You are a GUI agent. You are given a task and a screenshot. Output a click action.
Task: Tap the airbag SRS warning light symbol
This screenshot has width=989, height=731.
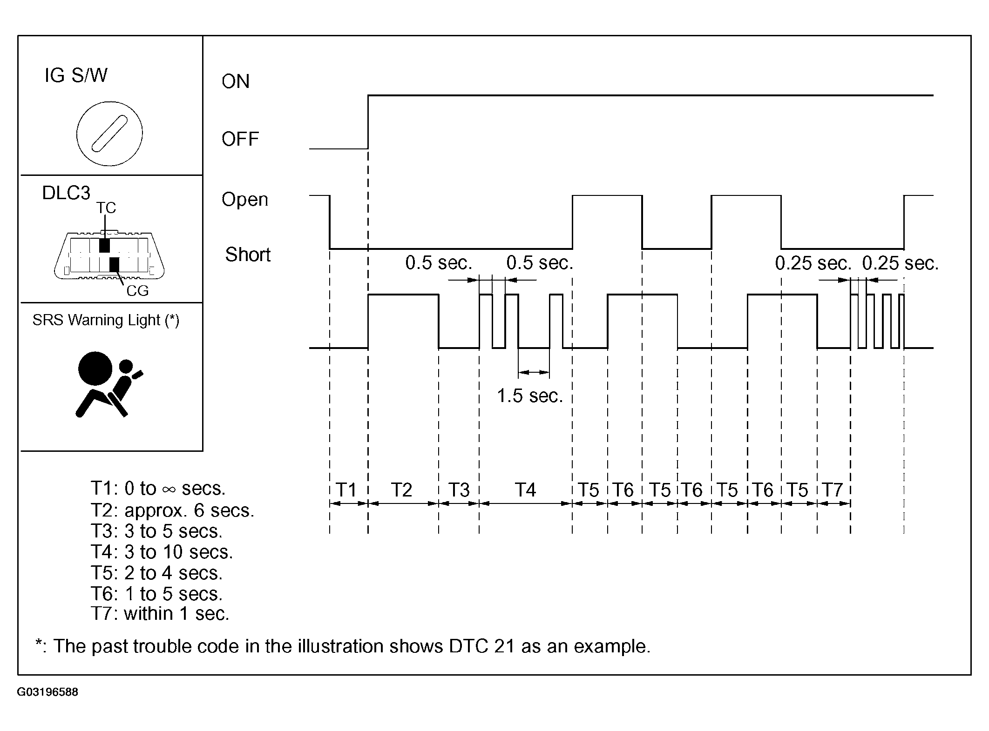[x=110, y=384]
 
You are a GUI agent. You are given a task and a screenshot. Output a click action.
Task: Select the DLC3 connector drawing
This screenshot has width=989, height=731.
[x=109, y=255]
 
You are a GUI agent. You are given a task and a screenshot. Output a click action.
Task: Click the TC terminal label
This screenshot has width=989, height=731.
[x=106, y=208]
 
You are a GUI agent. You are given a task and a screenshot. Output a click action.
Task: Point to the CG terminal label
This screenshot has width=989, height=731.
[x=137, y=291]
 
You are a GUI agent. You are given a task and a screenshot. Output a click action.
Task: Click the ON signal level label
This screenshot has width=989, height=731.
[x=236, y=81]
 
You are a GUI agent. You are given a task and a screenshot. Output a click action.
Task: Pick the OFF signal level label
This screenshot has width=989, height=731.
[x=240, y=139]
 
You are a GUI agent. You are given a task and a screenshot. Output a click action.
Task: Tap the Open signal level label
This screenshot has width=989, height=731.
[x=245, y=200]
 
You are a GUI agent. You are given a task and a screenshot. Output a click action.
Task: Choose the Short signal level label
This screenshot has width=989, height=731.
[x=248, y=255]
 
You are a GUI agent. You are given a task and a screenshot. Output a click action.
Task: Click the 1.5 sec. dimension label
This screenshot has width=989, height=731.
[x=530, y=396]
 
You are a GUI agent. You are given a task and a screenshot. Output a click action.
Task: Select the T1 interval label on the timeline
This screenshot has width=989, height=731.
[x=346, y=490]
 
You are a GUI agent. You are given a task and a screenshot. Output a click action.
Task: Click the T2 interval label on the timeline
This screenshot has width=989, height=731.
[x=401, y=490]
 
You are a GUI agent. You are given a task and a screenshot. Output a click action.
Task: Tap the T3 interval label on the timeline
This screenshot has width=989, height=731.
[x=459, y=490]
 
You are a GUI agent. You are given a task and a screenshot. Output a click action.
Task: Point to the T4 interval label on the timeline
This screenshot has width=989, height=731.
[x=525, y=490]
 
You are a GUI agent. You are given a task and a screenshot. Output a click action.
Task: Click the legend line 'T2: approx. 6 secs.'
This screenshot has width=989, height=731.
[x=173, y=510]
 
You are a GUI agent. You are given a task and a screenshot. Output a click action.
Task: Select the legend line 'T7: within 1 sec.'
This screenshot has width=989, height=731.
[x=160, y=613]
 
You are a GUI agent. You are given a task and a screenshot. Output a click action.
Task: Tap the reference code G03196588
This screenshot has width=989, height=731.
[x=47, y=692]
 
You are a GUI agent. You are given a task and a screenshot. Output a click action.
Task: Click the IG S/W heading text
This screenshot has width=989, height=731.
[x=76, y=75]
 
